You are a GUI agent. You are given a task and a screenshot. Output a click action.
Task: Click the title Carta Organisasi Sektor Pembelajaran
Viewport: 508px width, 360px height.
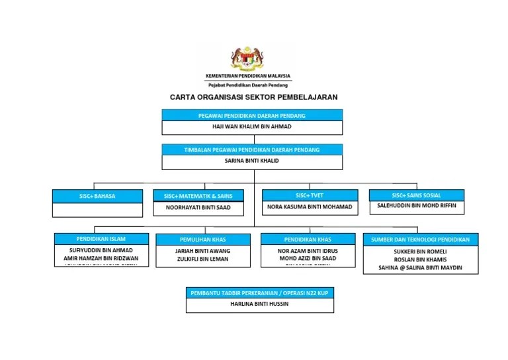click(253, 97)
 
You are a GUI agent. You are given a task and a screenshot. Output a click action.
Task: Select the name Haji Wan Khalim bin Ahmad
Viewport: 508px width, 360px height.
click(252, 126)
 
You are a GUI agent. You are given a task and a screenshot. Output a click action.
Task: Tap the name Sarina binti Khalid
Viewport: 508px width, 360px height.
click(252, 161)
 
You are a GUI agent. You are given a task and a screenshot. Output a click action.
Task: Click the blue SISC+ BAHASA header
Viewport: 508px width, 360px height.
click(97, 196)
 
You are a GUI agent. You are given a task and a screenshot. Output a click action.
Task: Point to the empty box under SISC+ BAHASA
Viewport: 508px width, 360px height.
click(97, 210)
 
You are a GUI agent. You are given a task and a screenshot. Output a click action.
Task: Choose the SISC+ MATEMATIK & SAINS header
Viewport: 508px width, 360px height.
click(198, 196)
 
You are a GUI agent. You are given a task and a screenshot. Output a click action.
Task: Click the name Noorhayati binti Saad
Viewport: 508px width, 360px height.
click(198, 208)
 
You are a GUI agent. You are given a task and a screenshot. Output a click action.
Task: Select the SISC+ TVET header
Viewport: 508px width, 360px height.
click(310, 195)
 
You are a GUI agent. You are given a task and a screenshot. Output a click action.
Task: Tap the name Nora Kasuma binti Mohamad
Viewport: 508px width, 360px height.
click(310, 207)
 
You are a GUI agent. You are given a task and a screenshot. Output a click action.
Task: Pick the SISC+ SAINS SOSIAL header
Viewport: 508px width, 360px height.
click(416, 195)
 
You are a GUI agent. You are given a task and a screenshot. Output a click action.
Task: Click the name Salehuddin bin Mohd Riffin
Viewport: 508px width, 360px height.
click(416, 206)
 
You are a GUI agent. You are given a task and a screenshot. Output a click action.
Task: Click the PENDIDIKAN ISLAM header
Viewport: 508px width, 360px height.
click(101, 239)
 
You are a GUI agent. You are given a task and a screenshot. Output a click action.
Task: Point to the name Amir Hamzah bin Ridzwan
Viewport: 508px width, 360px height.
click(101, 258)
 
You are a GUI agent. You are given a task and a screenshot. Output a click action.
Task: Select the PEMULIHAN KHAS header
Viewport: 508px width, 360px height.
click(203, 240)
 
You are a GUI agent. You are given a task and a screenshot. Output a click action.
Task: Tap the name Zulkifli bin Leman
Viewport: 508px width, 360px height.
click(202, 260)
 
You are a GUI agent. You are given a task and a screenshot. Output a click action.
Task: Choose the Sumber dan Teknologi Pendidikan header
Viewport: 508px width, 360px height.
click(421, 240)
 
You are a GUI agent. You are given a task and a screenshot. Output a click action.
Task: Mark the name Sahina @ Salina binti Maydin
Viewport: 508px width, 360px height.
click(420, 268)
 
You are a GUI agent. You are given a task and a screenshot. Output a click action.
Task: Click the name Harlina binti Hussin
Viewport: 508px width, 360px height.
click(259, 304)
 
